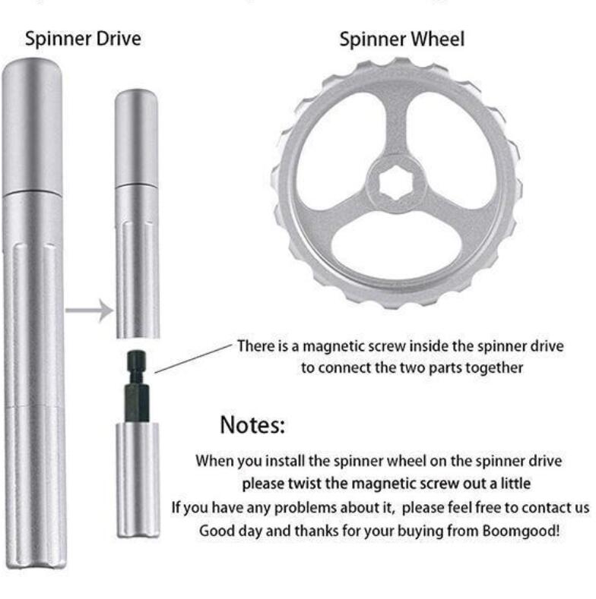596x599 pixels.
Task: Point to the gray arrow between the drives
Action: pyautogui.click(x=88, y=309)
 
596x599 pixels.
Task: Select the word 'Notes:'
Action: pyautogui.click(x=252, y=425)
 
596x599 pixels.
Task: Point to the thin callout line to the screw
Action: pyautogui.click(x=193, y=357)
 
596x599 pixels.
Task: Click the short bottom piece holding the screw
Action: pyautogui.click(x=138, y=478)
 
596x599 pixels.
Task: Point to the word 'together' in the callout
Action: pyautogui.click(x=493, y=368)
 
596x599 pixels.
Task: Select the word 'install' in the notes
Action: pyautogui.click(x=280, y=460)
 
